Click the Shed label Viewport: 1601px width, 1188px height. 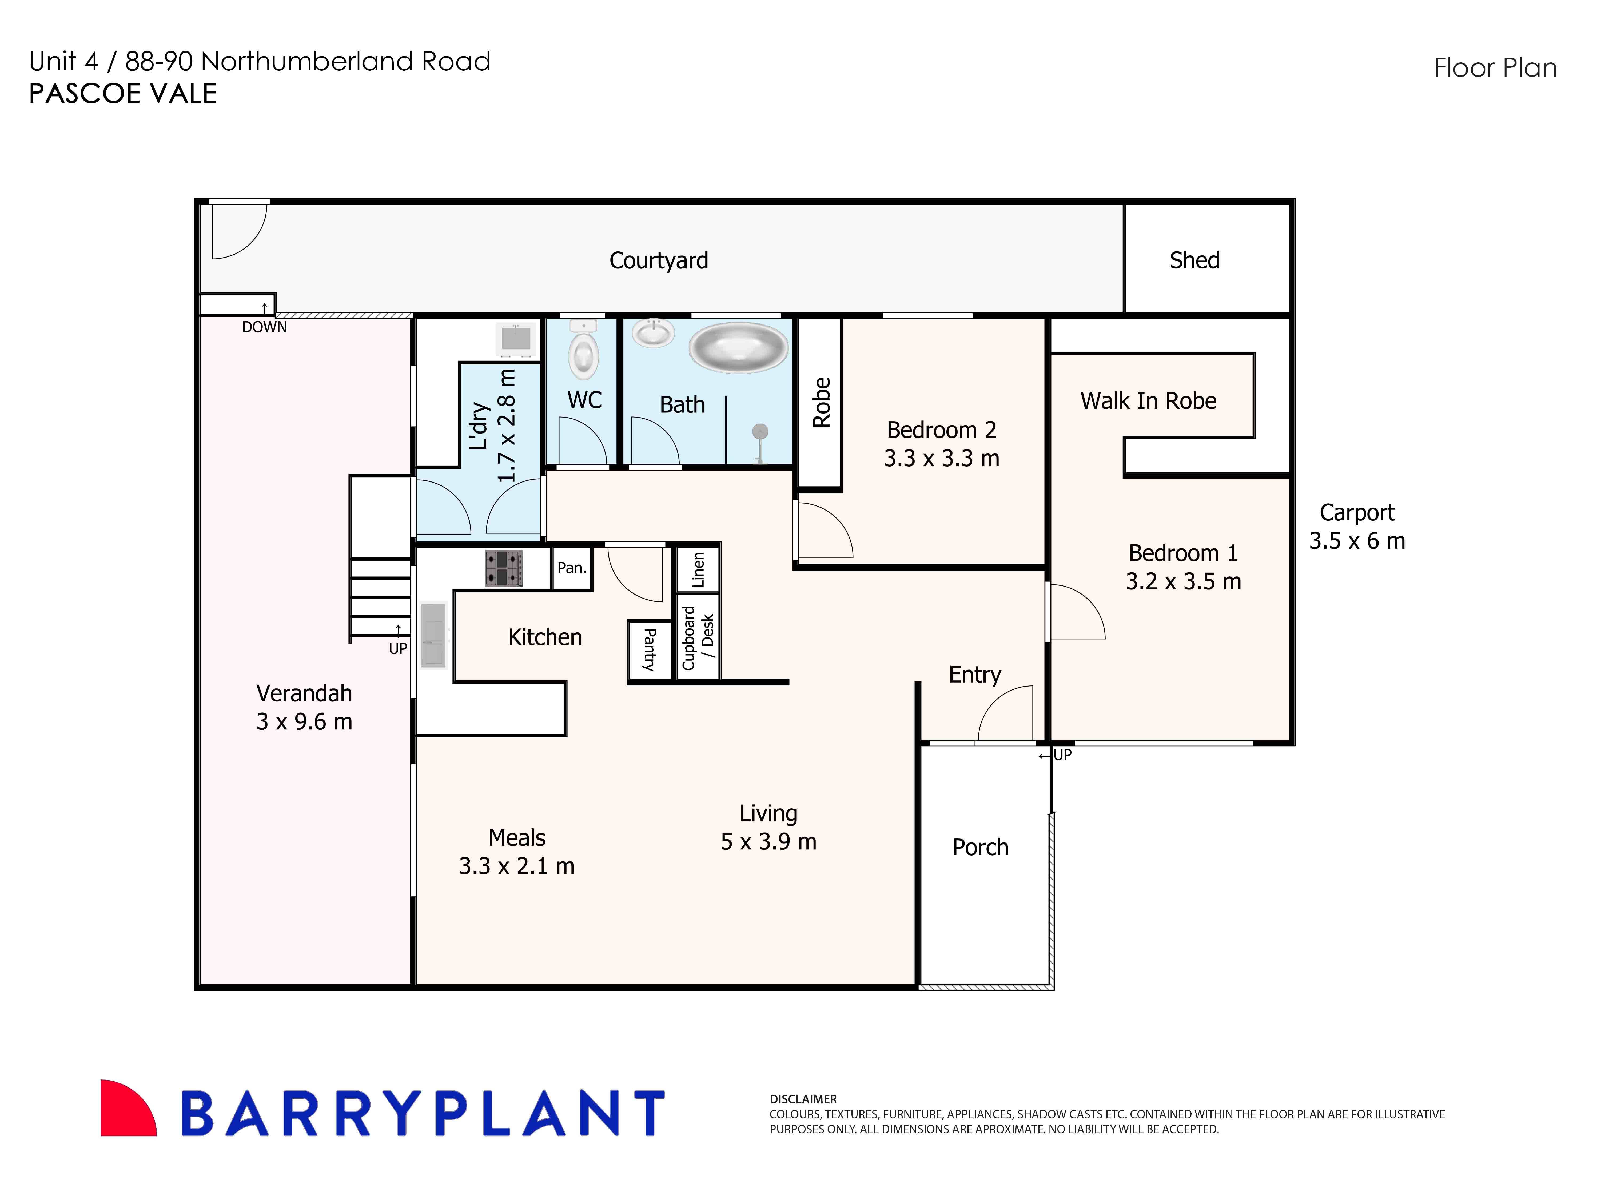tap(1194, 260)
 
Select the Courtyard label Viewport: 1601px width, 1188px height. tap(658, 260)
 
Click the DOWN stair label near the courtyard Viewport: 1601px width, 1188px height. tap(264, 327)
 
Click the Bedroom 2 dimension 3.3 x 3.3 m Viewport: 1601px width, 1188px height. tap(941, 458)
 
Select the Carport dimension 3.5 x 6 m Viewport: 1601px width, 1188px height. tap(1356, 541)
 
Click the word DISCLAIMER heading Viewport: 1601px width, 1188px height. tap(803, 1099)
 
